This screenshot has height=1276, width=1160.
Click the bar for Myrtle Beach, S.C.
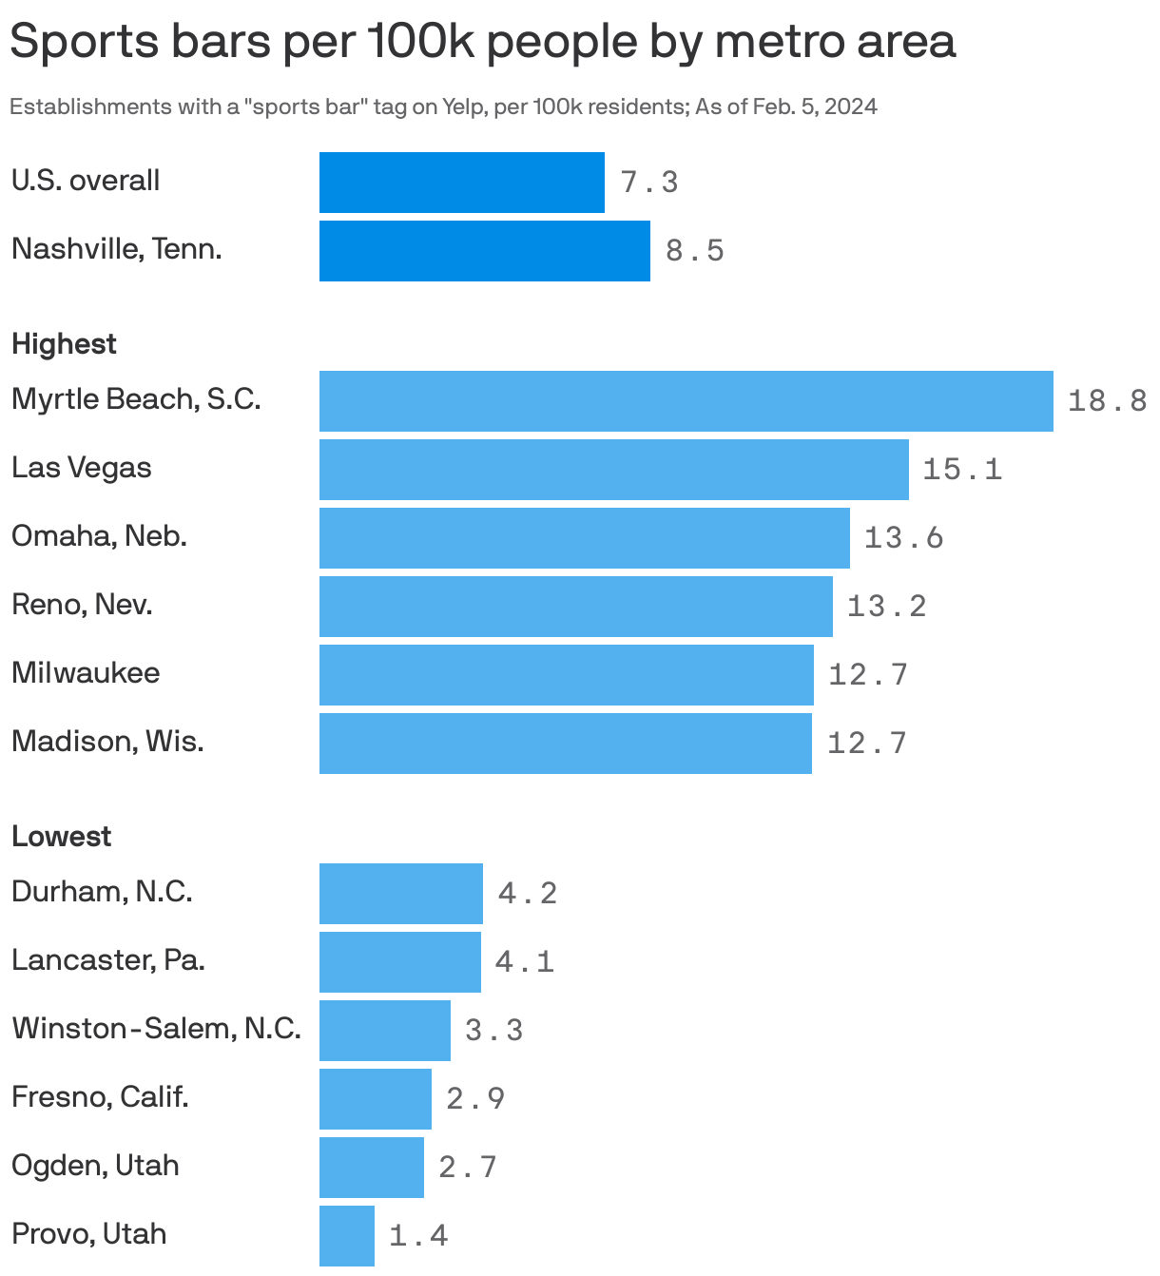tap(686, 401)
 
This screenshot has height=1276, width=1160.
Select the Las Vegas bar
tap(613, 470)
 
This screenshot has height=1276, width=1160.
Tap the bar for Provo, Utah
tap(346, 1236)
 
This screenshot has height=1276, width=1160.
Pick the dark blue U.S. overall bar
tap(461, 183)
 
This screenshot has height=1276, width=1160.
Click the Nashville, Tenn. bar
tap(484, 251)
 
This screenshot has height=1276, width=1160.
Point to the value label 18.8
tap(1107, 401)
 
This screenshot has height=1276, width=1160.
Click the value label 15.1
tap(962, 470)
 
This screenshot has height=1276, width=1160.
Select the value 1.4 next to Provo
tap(418, 1236)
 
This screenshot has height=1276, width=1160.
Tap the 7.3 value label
tap(649, 183)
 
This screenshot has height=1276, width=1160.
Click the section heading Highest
tap(64, 344)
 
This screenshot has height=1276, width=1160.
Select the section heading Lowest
tap(61, 837)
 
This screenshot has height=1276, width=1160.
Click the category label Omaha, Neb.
tap(99, 536)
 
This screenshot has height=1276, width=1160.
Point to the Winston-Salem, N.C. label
tap(156, 1029)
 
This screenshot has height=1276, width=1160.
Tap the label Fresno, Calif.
tap(100, 1097)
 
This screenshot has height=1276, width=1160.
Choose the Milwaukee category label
tap(86, 673)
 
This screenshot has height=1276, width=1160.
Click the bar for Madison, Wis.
tap(565, 744)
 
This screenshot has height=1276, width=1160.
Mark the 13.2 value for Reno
tap(886, 607)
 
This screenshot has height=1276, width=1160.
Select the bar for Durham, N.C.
tap(400, 894)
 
